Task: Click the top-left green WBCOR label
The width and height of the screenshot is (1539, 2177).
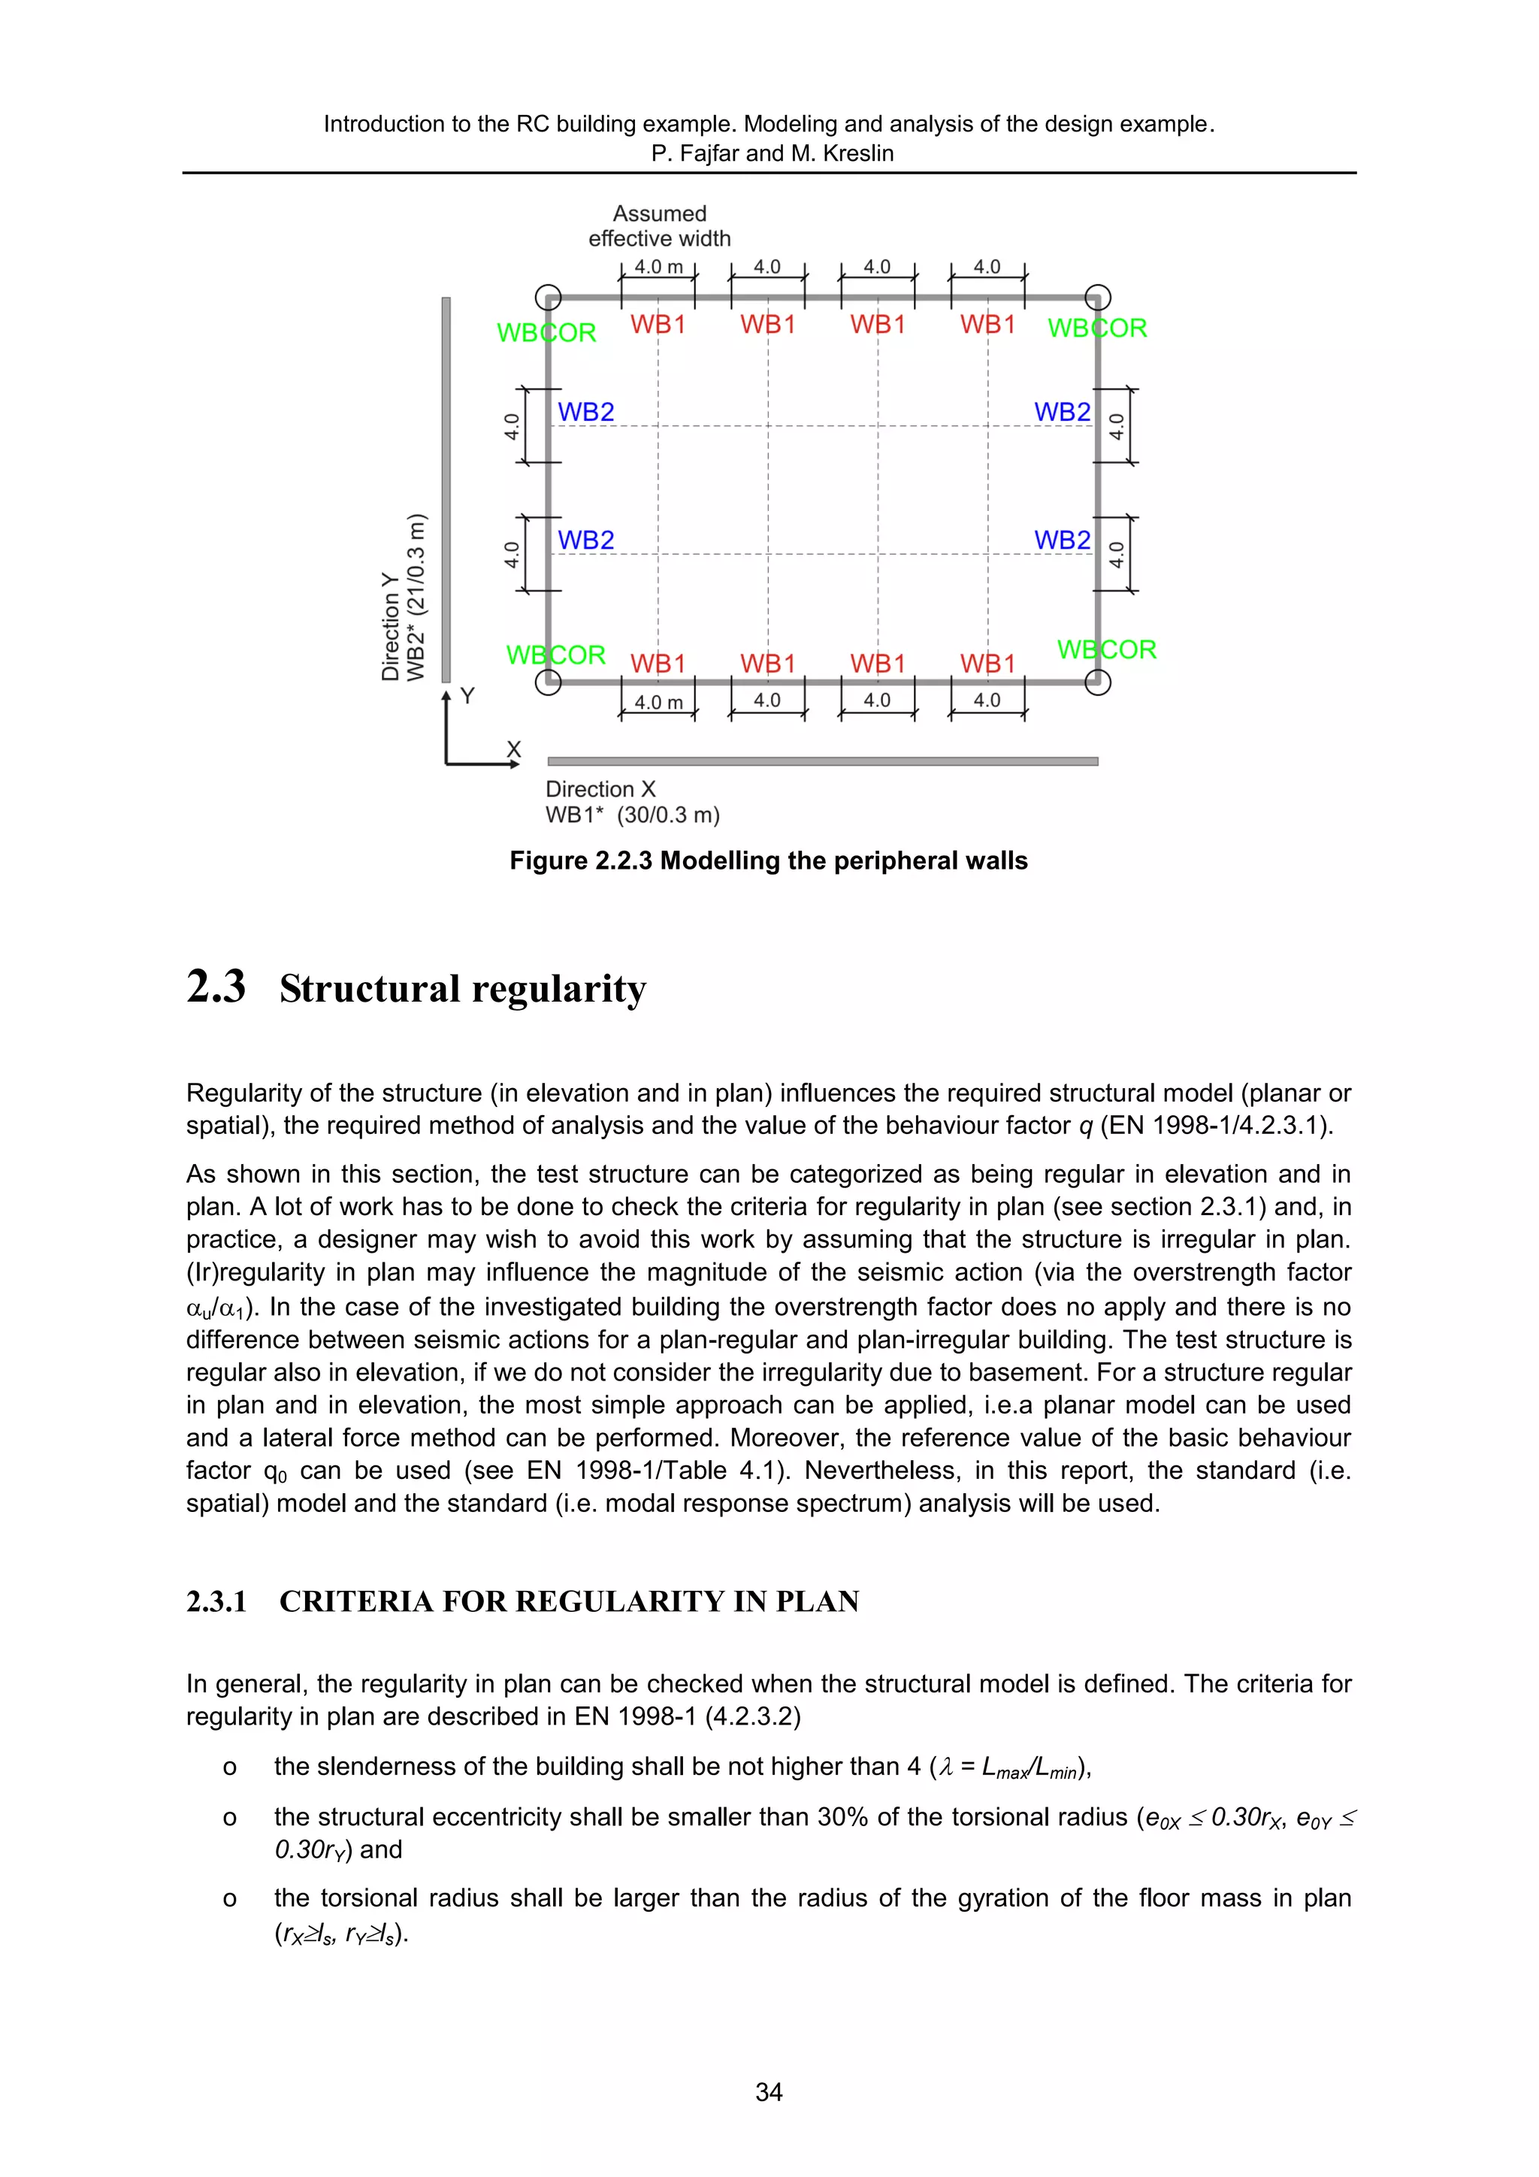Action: point(546,333)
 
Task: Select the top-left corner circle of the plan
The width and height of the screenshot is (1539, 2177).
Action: point(548,298)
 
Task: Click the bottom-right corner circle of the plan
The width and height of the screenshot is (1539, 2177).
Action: point(1097,682)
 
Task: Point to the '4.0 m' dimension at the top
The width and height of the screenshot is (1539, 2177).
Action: point(658,268)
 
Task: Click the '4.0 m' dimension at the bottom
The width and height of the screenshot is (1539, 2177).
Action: point(658,703)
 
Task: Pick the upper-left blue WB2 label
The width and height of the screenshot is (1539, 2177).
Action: point(586,413)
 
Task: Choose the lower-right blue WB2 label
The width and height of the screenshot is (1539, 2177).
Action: point(1062,540)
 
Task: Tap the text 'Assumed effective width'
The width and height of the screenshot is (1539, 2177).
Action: point(659,225)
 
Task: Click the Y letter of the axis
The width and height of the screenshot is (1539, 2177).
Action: point(467,696)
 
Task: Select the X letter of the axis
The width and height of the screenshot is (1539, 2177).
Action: point(513,749)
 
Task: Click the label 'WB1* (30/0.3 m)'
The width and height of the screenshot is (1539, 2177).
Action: point(633,815)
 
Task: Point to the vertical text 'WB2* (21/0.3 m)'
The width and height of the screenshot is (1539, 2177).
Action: point(416,597)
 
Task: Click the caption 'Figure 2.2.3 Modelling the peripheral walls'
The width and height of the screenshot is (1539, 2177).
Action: point(768,861)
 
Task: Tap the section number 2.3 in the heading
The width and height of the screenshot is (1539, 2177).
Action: point(216,987)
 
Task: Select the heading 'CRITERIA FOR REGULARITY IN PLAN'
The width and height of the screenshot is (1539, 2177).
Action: point(569,1601)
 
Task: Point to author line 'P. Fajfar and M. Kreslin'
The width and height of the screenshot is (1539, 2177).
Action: point(772,153)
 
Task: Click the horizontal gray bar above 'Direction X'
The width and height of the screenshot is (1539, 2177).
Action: point(822,761)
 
